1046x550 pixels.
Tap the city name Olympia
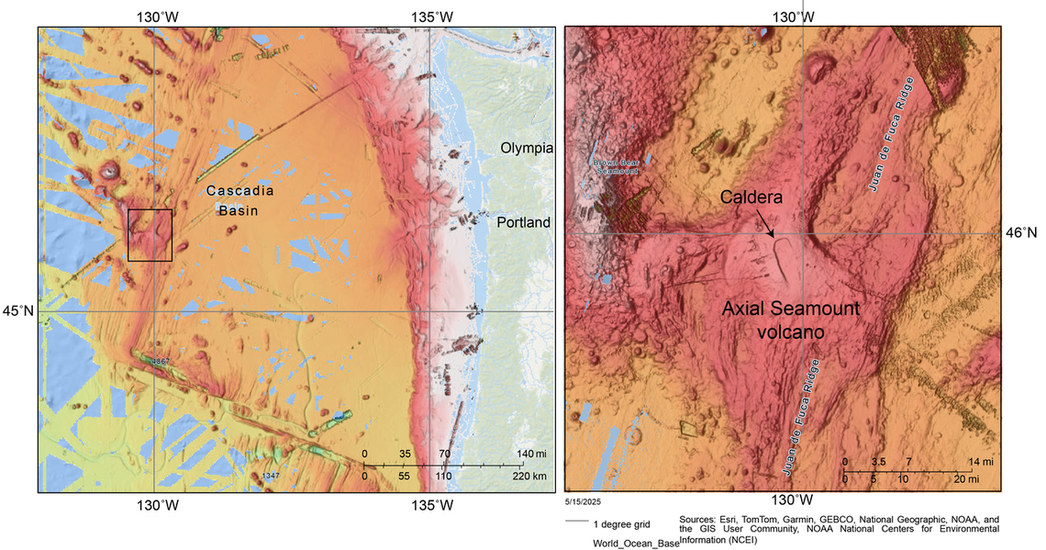[x=527, y=148]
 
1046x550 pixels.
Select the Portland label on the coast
[x=523, y=222]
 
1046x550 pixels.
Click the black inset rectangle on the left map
[x=150, y=235]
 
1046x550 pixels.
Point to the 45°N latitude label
[x=17, y=311]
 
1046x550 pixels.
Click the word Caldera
[x=752, y=197]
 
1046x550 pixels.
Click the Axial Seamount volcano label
[x=790, y=319]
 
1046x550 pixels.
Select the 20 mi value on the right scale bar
[x=964, y=479]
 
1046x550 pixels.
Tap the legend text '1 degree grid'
[x=622, y=524]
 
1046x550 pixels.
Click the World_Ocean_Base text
[x=635, y=543]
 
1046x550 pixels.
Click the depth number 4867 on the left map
[x=161, y=363]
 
